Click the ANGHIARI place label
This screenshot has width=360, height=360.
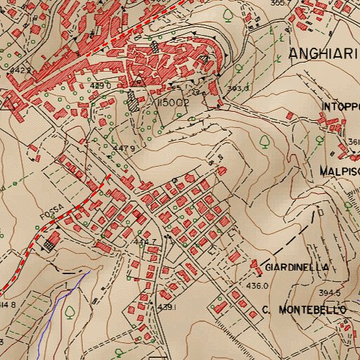[x=323, y=54]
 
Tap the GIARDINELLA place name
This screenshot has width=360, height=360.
[x=297, y=269]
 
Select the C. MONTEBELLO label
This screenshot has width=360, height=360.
[x=304, y=310]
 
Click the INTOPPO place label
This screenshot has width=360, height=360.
[x=341, y=107]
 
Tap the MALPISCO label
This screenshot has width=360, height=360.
[x=340, y=172]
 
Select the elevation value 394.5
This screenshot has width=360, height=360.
[x=328, y=293]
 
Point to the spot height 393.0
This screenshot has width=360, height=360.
[x=238, y=89]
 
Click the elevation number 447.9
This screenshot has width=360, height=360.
[x=124, y=148]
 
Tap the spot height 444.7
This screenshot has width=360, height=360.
[x=145, y=242]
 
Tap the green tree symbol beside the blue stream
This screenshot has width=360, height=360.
[x=70, y=310]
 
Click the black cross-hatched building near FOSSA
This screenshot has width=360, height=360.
[x=49, y=244]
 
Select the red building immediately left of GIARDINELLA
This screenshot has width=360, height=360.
[x=255, y=264]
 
